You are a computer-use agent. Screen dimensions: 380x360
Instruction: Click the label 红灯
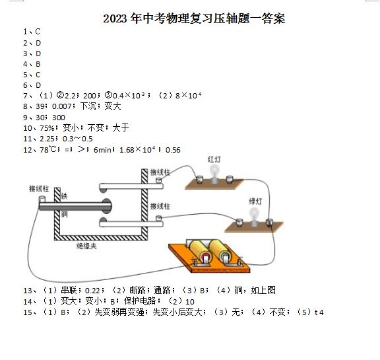pyautogui.click(x=214, y=159)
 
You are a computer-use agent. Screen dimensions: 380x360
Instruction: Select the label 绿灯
pyautogui.click(x=255, y=201)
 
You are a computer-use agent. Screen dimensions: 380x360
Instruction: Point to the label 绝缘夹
pyautogui.click(x=86, y=246)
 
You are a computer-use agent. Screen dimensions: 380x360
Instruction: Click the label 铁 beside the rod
pyautogui.click(x=64, y=196)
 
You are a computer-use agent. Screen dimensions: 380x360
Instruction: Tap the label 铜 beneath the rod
pyautogui.click(x=64, y=214)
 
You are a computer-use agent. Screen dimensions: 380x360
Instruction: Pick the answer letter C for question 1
pyautogui.click(x=38, y=32)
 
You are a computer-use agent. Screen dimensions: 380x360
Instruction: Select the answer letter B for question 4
pyautogui.click(x=38, y=64)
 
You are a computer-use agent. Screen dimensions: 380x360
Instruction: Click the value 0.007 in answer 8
pyautogui.click(x=62, y=106)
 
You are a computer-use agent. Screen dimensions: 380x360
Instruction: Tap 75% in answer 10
pyautogui.click(x=47, y=128)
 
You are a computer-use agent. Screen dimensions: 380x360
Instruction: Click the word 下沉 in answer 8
pyautogui.click(x=88, y=106)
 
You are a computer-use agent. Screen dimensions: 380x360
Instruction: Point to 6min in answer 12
pyautogui.click(x=102, y=150)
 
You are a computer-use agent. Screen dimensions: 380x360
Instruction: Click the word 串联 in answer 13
pyautogui.click(x=69, y=290)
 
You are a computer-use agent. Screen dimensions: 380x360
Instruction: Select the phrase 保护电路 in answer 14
pyautogui.click(x=140, y=301)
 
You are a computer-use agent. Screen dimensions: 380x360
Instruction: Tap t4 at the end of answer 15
pyautogui.click(x=319, y=312)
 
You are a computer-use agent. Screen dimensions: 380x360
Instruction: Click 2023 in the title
pyautogui.click(x=115, y=18)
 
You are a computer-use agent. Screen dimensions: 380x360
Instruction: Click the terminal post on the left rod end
pyautogui.click(x=42, y=200)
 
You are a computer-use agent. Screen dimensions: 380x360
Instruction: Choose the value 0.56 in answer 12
pyautogui.click(x=173, y=150)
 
